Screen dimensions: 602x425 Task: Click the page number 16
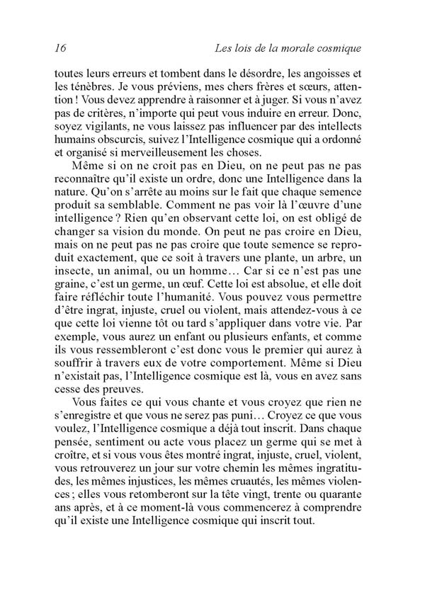tap(59, 48)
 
